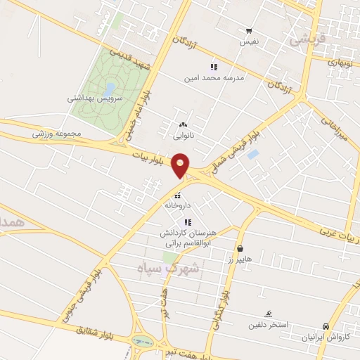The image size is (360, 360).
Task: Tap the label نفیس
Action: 250,41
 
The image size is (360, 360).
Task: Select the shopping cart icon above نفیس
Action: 249,31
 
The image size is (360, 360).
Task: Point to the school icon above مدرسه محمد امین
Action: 214,67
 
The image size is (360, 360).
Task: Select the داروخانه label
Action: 177,205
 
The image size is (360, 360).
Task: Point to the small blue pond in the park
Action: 110,89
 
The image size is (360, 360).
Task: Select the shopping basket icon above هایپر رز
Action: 241,248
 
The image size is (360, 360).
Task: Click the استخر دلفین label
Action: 266,325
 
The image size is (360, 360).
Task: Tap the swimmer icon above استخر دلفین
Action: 269,314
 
